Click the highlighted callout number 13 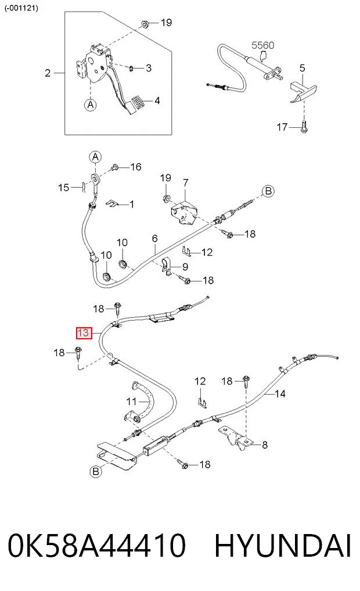84,333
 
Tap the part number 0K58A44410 97,545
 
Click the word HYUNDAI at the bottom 283,545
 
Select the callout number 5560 263,45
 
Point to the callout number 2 48,73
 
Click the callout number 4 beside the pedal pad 157,101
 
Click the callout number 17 282,127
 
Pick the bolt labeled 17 304,126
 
